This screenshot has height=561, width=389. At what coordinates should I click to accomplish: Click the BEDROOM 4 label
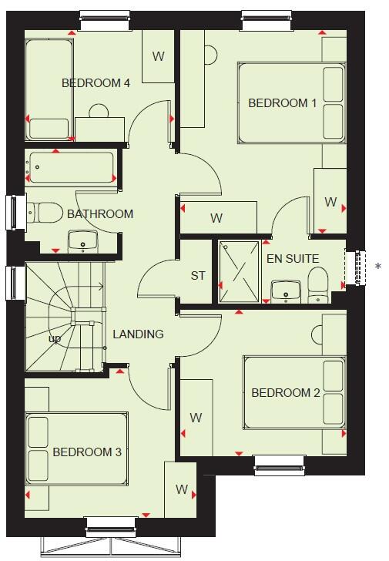96,83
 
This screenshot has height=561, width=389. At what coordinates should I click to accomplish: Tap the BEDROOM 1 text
282,103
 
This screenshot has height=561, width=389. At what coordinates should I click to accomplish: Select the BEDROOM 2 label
285,392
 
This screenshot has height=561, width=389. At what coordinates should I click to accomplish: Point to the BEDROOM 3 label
87,452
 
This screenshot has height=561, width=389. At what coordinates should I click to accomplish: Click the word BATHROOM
100,213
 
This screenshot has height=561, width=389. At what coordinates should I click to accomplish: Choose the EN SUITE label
293,258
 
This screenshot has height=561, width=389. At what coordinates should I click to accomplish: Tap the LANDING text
138,334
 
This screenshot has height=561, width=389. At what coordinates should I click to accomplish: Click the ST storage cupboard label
198,275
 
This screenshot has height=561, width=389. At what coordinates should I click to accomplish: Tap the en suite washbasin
285,290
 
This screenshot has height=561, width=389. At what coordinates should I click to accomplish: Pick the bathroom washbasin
82,241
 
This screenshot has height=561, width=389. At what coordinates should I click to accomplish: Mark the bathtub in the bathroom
71,167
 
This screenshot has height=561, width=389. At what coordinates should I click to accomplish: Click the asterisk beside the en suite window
377,267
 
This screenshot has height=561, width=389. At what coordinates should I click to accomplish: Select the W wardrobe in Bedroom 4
158,56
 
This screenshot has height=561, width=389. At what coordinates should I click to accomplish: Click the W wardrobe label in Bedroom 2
196,418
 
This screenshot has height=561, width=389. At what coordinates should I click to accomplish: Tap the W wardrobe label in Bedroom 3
182,489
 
